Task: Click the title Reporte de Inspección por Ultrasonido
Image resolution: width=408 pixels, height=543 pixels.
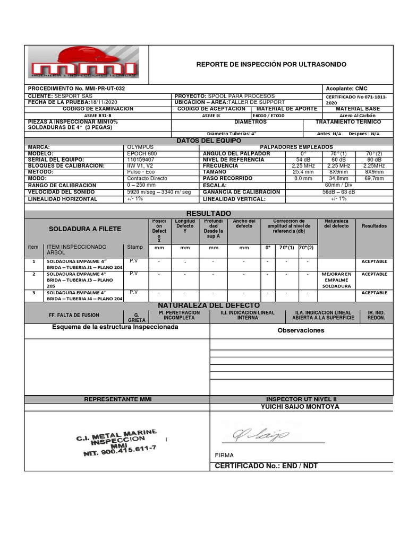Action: [271, 65]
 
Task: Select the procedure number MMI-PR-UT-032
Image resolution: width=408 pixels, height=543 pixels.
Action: [76, 89]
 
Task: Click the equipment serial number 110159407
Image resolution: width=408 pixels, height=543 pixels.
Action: [141, 160]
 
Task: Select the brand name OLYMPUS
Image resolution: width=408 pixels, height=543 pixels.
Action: [141, 147]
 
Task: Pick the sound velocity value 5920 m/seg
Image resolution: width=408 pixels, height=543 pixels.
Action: [159, 192]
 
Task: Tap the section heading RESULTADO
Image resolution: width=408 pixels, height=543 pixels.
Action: [208, 213]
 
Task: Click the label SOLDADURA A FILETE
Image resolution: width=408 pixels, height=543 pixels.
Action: [85, 229]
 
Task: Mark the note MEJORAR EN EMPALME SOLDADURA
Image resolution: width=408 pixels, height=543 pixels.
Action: [337, 280]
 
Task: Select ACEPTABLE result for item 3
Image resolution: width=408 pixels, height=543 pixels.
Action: [375, 293]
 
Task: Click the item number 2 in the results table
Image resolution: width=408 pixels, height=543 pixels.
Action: [34, 274]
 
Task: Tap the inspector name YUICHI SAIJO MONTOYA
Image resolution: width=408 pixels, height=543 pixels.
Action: [300, 407]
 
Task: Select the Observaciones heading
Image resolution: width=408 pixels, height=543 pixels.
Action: [301, 330]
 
